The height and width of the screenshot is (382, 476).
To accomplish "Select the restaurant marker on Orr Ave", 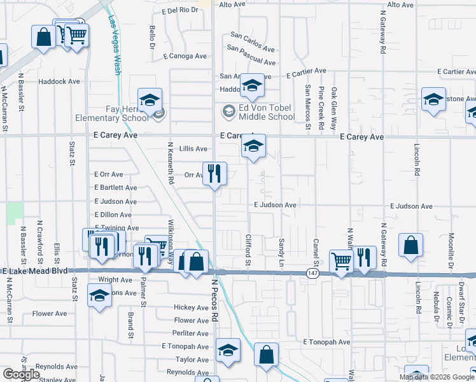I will click(x=214, y=173).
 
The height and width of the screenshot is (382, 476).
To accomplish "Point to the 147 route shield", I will click(x=310, y=272).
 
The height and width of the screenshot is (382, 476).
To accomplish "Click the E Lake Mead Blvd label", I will click(x=35, y=271).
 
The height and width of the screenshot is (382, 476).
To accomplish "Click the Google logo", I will click(x=21, y=374).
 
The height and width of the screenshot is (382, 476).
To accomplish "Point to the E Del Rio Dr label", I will click(x=181, y=10).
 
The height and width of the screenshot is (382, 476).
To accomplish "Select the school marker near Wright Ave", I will click(x=99, y=296).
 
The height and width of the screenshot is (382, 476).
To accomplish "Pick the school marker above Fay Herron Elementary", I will click(x=150, y=101).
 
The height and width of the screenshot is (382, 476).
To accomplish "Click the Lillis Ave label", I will click(x=193, y=149).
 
